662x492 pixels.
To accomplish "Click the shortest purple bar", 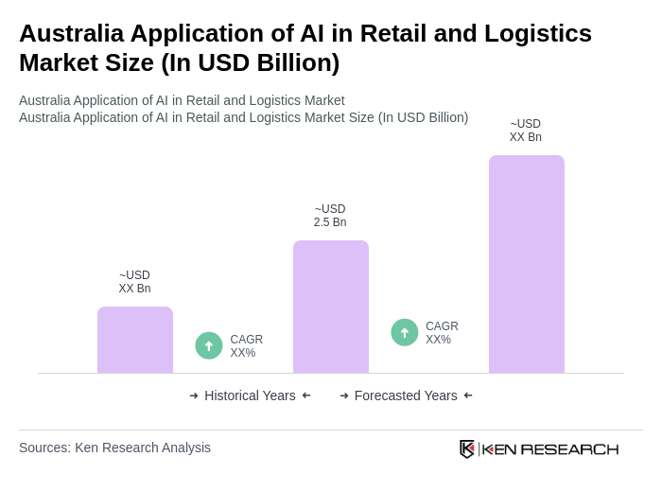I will [135, 340].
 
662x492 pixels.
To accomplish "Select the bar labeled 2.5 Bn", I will [331, 307].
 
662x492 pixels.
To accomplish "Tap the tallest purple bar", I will [527, 264].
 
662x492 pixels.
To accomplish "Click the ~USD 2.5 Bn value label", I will [330, 216].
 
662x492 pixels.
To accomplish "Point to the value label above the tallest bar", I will [526, 131].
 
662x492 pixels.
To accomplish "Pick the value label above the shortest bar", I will [134, 282].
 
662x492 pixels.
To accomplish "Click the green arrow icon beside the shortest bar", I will [209, 345].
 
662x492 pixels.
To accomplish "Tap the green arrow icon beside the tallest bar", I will [405, 332].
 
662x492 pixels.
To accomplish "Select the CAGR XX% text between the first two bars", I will [246, 346].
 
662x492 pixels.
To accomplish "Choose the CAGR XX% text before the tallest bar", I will [442, 333].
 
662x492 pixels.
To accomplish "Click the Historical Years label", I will [250, 395].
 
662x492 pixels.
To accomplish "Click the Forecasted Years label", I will [406, 395].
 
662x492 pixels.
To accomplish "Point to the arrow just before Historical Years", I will [194, 395].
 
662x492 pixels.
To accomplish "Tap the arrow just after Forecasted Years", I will [468, 395].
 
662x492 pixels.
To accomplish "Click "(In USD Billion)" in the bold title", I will [251, 62].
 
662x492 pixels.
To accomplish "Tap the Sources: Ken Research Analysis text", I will [114, 448].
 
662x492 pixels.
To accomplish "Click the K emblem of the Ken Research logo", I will [466, 448].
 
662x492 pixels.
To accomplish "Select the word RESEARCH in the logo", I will [569, 448].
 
